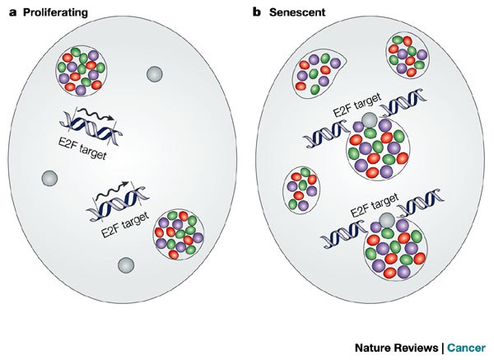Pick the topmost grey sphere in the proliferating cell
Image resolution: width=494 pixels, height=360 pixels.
[152, 74]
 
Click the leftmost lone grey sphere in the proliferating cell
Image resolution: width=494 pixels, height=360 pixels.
[49, 178]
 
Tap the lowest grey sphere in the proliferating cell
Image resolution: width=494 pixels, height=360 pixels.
[124, 264]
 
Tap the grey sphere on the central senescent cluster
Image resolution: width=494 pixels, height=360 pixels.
[369, 122]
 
